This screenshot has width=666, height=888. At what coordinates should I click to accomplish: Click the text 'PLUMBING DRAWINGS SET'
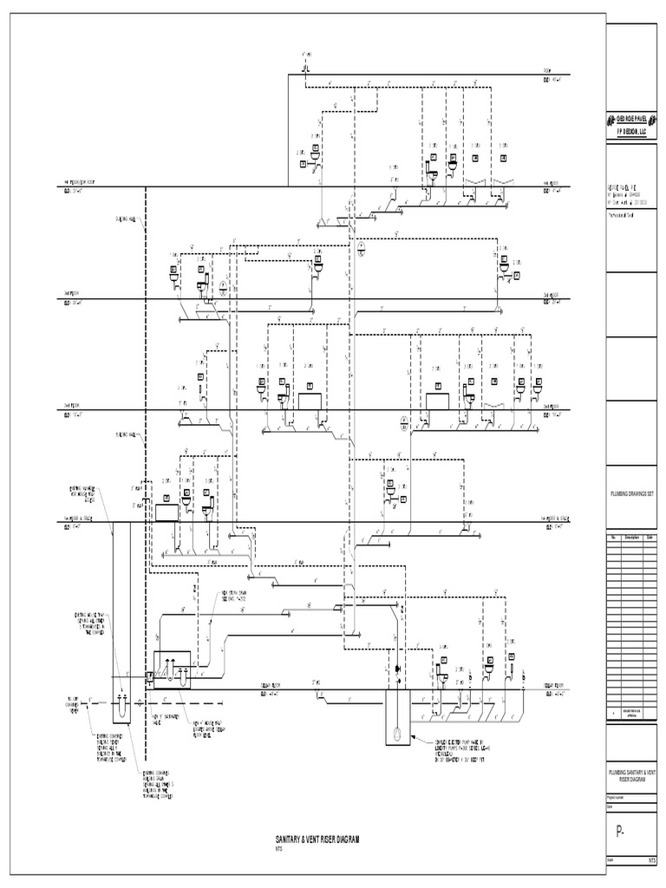[631, 490]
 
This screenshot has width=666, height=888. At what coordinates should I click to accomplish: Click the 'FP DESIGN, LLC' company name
[631, 127]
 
